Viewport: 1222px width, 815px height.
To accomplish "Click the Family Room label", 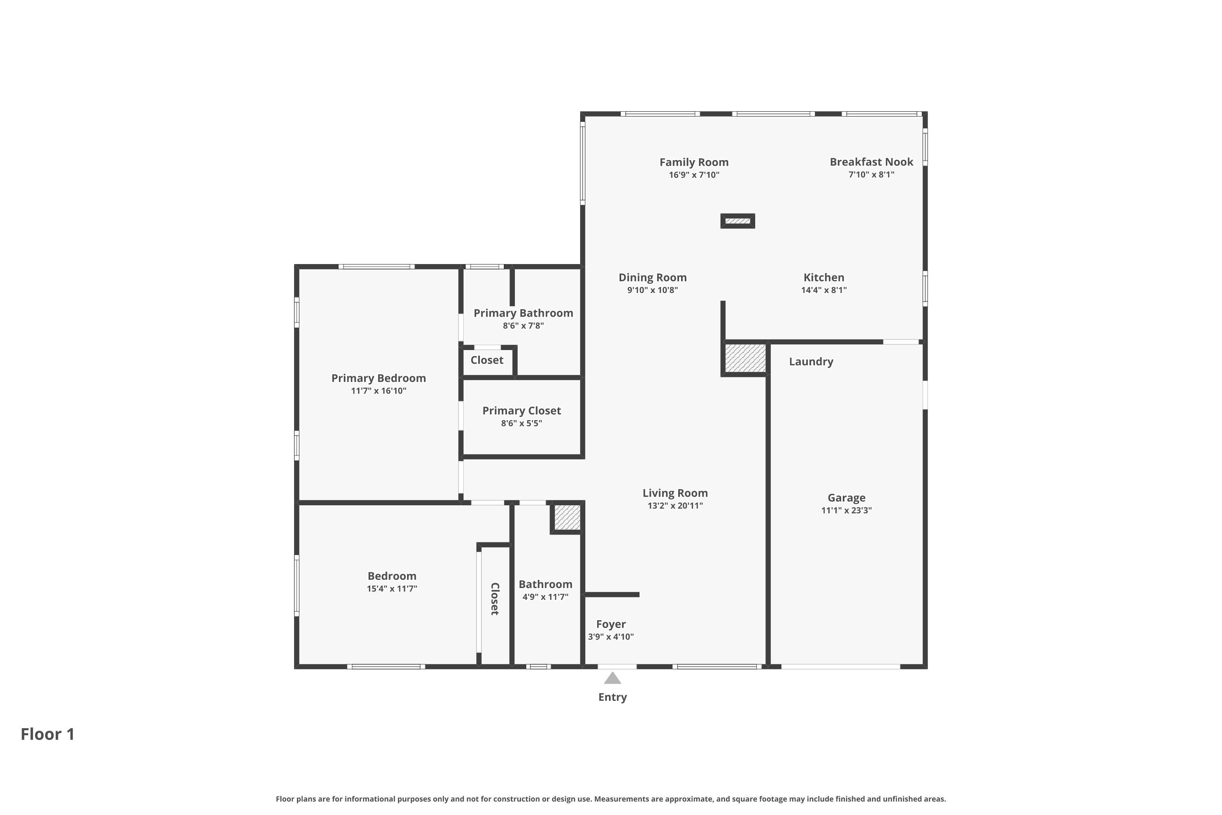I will click(x=694, y=162).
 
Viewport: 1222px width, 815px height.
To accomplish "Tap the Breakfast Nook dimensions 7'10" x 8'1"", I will click(x=871, y=175).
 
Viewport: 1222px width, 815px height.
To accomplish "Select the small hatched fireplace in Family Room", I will click(x=737, y=221).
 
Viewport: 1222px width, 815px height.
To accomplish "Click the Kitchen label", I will click(x=824, y=278).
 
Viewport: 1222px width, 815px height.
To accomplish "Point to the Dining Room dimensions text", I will click(x=652, y=290).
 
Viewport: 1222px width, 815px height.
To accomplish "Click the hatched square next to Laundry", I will click(x=745, y=358).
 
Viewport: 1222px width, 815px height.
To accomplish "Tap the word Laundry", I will click(x=811, y=362).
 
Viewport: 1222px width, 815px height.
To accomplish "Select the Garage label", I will click(x=846, y=498).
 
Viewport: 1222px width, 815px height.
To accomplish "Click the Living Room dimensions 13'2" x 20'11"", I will click(x=675, y=506).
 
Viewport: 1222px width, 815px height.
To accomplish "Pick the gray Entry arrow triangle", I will click(x=613, y=678).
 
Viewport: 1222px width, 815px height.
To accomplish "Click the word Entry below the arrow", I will click(x=612, y=697).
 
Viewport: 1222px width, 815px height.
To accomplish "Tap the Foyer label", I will click(x=611, y=624).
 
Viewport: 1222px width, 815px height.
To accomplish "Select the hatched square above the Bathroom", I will click(x=567, y=517).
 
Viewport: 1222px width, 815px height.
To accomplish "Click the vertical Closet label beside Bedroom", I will click(x=495, y=599).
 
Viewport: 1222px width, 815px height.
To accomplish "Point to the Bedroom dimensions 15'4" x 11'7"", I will click(x=392, y=589).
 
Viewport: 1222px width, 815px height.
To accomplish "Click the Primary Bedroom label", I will click(x=378, y=379).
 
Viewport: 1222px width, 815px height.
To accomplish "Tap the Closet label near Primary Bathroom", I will click(x=486, y=360).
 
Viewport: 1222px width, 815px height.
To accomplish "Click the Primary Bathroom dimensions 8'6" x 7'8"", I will click(x=523, y=326).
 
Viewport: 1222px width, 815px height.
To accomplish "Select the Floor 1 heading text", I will click(x=48, y=734).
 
